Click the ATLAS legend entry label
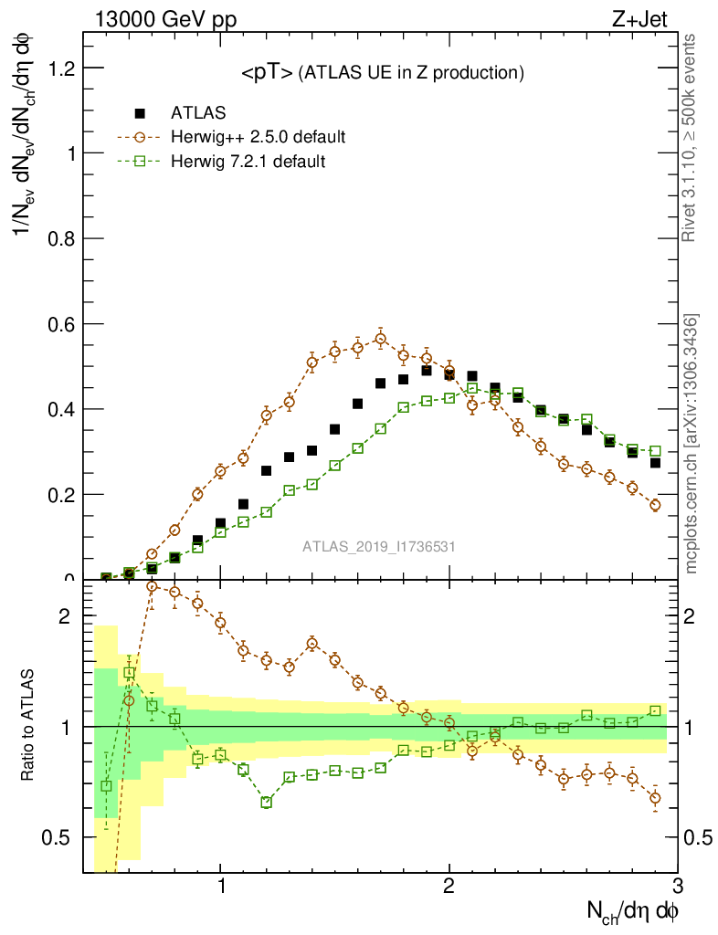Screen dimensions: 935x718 click(x=198, y=113)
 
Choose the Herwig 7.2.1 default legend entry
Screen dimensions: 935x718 click(x=248, y=161)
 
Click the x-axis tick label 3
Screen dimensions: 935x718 click(x=677, y=886)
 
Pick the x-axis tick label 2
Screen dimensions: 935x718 click(x=449, y=886)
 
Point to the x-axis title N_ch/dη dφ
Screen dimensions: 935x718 click(x=632, y=909)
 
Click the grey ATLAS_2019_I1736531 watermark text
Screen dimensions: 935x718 click(x=379, y=547)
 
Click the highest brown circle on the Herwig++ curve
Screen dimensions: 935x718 click(x=380, y=339)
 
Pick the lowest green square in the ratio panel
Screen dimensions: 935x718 click(x=267, y=803)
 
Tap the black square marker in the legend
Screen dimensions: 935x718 click(x=140, y=113)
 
